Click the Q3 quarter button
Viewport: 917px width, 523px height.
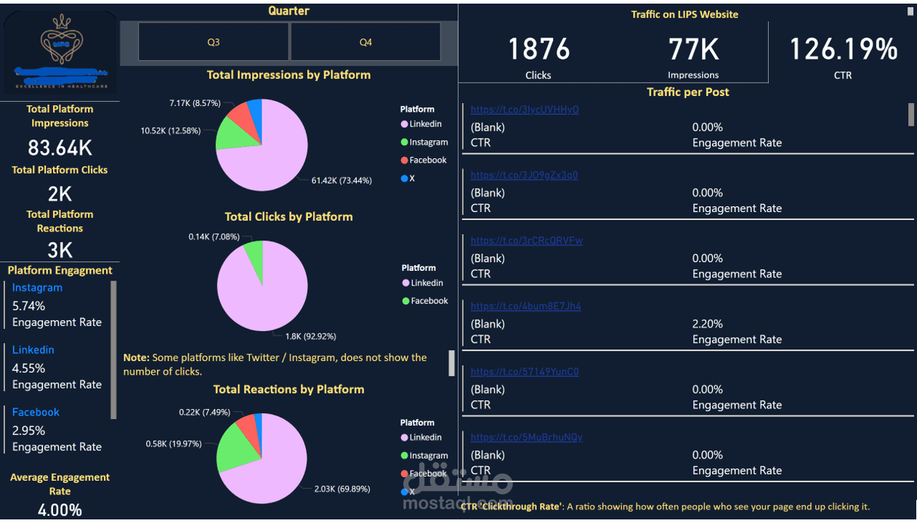click(213, 42)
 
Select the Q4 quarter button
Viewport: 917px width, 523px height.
click(365, 42)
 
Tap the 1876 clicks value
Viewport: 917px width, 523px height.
click(538, 49)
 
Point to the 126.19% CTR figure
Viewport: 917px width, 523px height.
click(843, 49)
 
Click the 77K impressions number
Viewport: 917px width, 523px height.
click(693, 49)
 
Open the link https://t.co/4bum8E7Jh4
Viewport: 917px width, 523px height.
click(525, 307)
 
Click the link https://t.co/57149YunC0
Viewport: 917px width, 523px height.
click(525, 372)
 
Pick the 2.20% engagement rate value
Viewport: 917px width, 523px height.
click(707, 324)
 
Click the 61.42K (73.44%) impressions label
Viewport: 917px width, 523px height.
click(342, 180)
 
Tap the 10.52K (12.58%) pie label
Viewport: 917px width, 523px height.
click(171, 131)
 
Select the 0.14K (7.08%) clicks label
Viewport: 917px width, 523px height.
click(214, 237)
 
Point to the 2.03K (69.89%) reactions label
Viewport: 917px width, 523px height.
click(342, 489)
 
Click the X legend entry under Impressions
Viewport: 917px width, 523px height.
click(411, 178)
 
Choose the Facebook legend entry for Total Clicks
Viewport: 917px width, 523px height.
click(429, 301)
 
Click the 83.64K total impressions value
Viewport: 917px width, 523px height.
click(60, 148)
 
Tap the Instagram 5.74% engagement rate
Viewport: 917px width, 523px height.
click(28, 306)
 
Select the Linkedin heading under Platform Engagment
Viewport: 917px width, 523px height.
click(33, 349)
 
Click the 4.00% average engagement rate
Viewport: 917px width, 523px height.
click(60, 510)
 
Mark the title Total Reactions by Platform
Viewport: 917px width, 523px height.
click(288, 389)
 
